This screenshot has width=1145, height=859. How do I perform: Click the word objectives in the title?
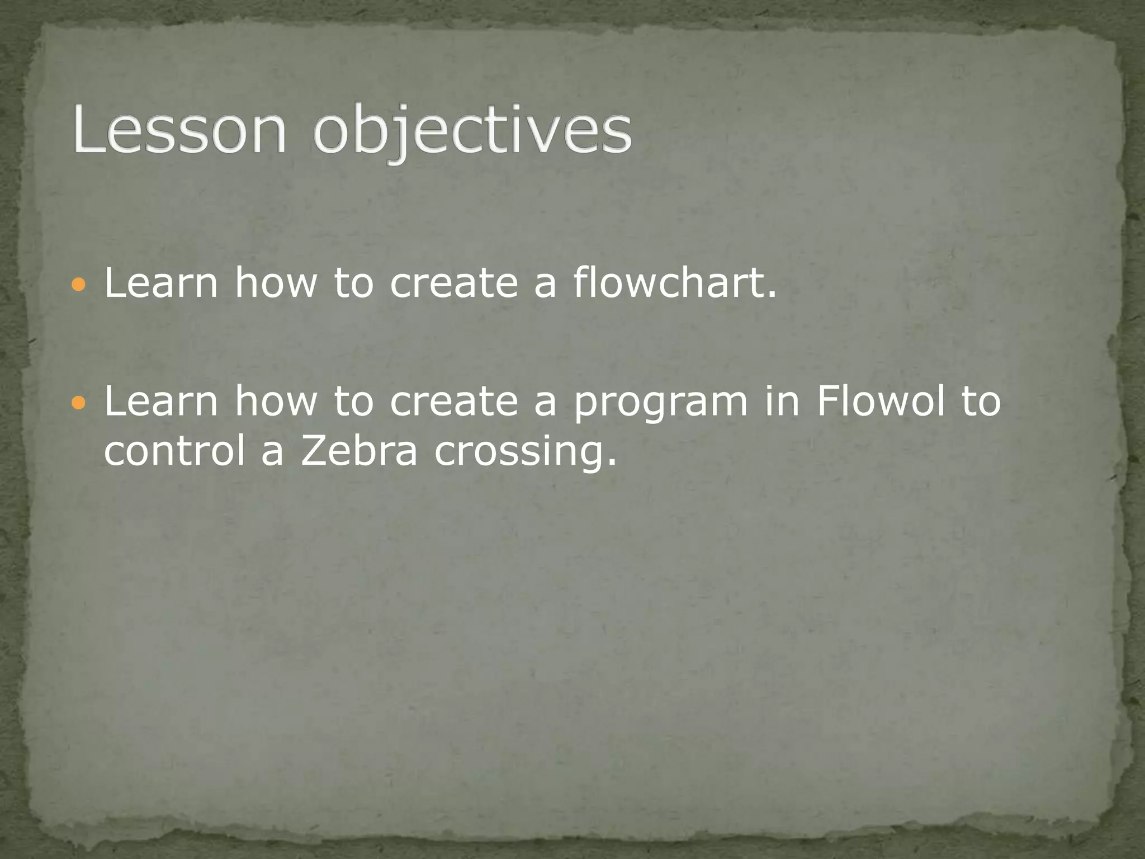pos(472,133)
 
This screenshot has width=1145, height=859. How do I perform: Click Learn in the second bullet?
pos(161,400)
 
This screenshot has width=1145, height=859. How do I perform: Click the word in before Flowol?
pos(782,400)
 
